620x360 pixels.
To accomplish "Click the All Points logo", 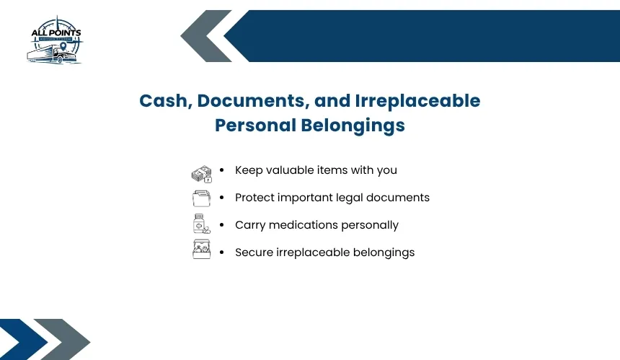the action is click(55, 40).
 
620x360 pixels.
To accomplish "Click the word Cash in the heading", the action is click(166, 101).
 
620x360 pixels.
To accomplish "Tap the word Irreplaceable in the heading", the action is click(417, 101).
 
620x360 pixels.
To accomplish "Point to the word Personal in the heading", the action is click(255, 125).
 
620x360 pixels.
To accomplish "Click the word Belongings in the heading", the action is click(353, 126).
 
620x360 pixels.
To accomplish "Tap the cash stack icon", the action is click(202, 174).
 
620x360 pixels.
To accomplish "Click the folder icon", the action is click(201, 198).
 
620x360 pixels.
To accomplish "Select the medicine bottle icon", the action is click(201, 224).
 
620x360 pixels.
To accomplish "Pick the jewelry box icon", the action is click(201, 249).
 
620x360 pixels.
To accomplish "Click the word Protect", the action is click(254, 198).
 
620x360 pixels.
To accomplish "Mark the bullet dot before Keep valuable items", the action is click(222, 170).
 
